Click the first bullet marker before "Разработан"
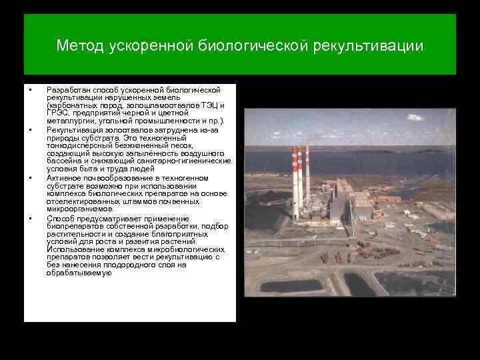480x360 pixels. tap(31, 89)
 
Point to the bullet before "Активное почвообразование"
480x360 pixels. tap(31, 179)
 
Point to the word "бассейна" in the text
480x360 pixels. tap(63, 161)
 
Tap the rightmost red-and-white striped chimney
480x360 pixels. tap(308, 173)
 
